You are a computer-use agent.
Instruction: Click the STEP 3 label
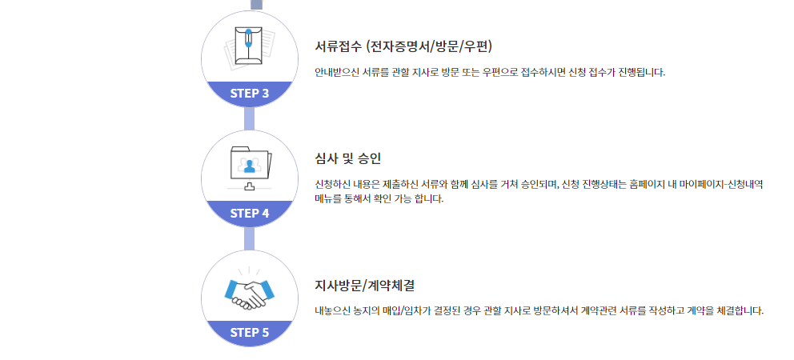250,93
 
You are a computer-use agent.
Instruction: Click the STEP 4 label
250,213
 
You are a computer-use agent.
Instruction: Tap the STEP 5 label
250,333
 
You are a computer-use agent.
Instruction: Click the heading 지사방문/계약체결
364,285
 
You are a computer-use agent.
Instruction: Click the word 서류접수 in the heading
339,46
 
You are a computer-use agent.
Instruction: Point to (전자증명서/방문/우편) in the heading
434,46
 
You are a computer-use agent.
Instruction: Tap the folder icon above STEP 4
250,166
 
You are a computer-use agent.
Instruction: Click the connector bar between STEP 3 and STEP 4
250,118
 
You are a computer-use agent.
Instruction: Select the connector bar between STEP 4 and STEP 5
250,238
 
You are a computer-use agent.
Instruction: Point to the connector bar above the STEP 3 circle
256,4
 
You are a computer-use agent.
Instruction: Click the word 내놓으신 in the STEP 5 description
335,310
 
